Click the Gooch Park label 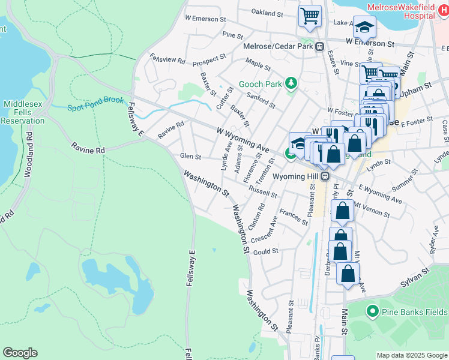(259, 84)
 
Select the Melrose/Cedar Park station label (279, 46)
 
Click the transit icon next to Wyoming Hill (324, 176)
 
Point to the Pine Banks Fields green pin (372, 311)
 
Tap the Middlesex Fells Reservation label (23, 112)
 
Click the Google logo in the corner (20, 353)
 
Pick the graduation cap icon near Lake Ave (364, 26)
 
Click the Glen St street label (190, 157)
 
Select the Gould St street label (266, 251)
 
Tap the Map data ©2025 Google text (411, 355)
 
